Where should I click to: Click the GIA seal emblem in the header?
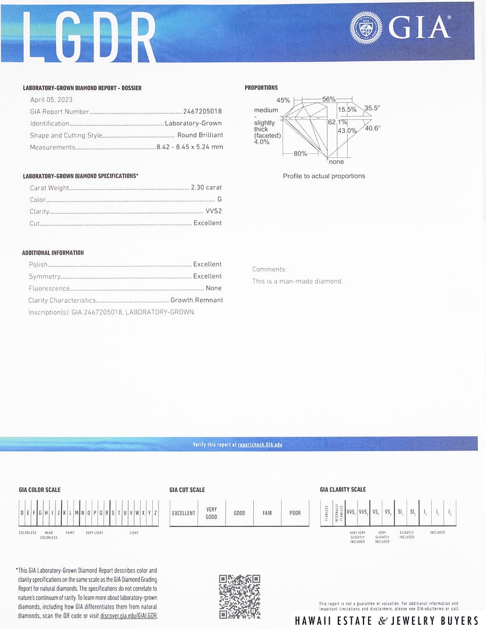[x=366, y=27]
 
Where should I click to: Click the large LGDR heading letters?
[x=89, y=36]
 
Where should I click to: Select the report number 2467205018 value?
[x=202, y=111]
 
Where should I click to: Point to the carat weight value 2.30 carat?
[x=207, y=188]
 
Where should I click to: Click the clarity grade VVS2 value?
[x=214, y=212]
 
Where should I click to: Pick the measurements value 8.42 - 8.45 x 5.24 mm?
[x=190, y=147]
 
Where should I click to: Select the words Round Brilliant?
[x=200, y=135]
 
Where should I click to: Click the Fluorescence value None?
[x=214, y=288]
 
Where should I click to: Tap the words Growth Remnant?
[x=197, y=300]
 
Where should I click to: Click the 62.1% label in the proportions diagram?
[x=337, y=122]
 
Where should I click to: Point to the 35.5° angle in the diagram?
[x=372, y=108]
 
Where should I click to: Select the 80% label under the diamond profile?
[x=300, y=153]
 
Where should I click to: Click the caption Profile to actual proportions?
[x=324, y=176]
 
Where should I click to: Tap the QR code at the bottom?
[x=239, y=596]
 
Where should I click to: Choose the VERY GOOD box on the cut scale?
[x=211, y=513]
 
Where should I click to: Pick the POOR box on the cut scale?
[x=295, y=513]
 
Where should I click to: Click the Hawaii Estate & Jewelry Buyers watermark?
[x=386, y=620]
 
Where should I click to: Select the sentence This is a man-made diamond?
[x=298, y=281]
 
